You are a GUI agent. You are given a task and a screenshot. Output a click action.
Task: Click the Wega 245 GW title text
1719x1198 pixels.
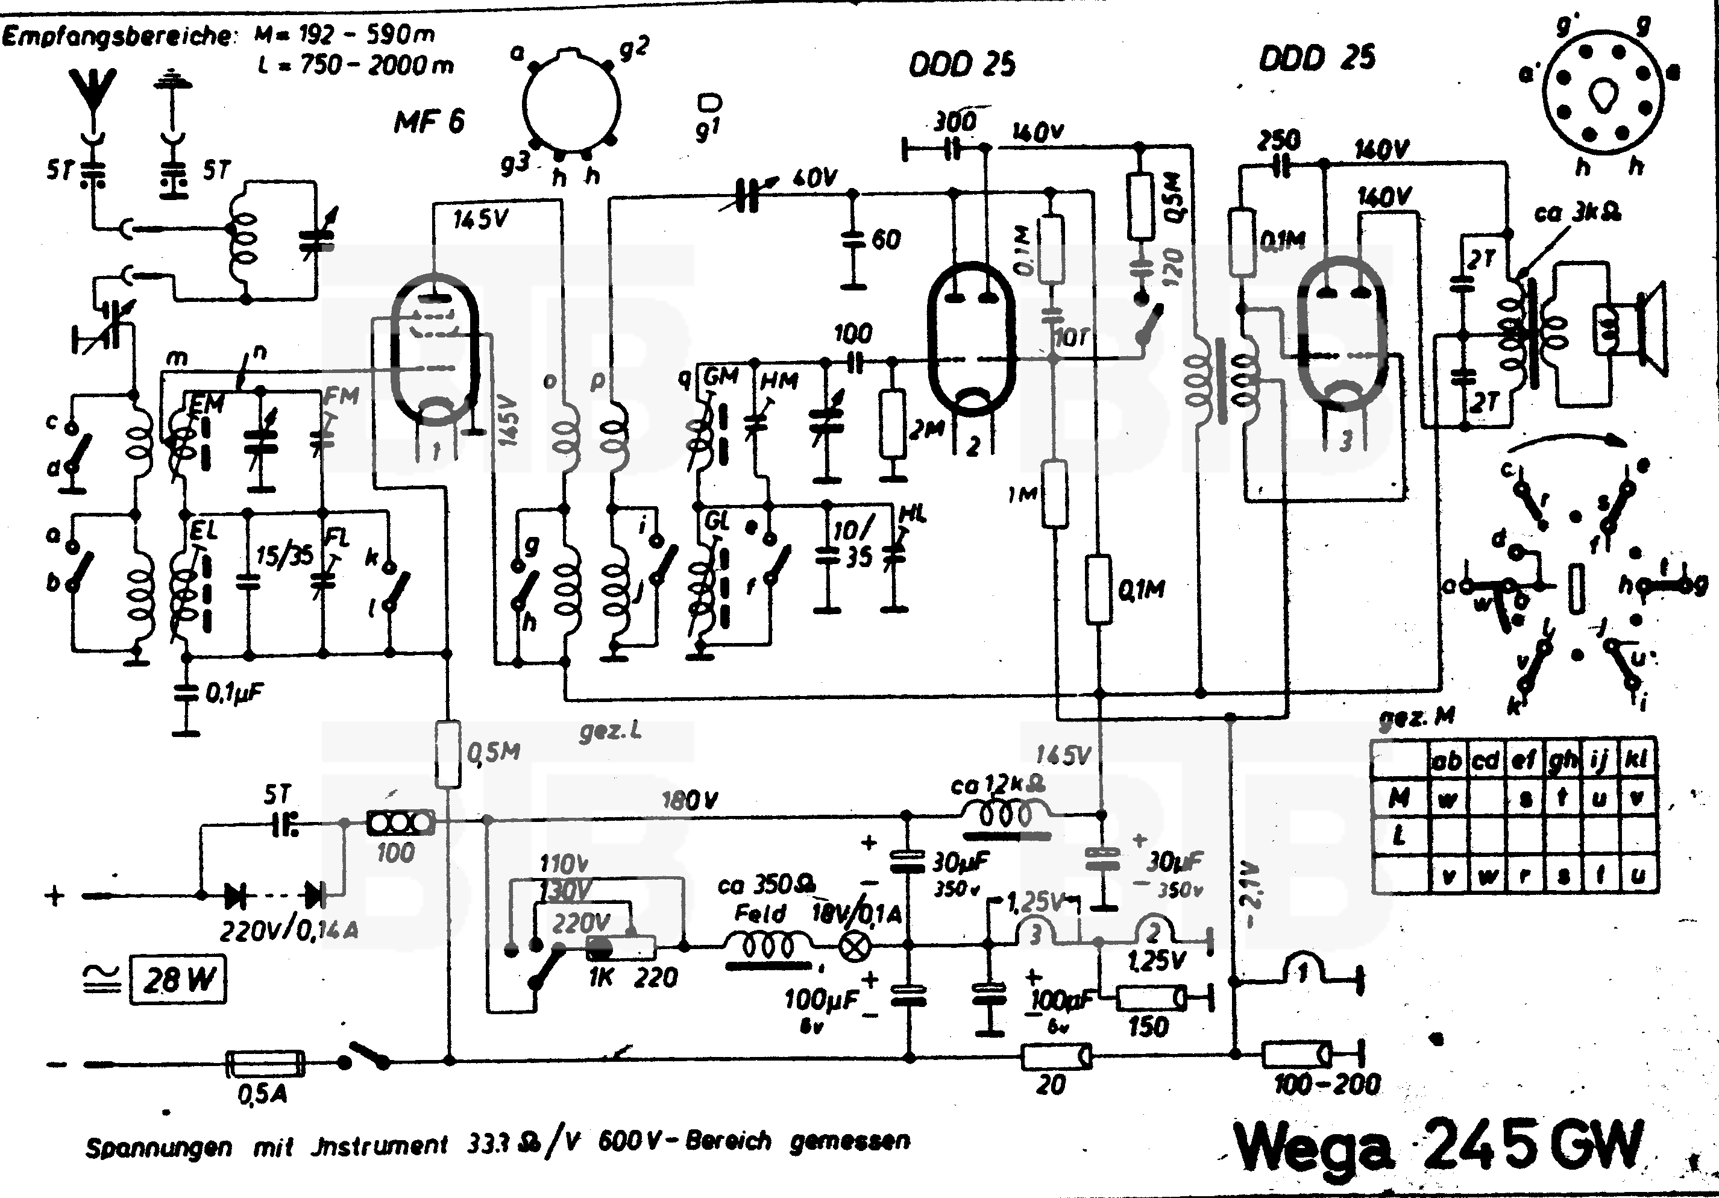1438,1146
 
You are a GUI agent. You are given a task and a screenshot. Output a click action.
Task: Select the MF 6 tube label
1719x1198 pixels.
429,121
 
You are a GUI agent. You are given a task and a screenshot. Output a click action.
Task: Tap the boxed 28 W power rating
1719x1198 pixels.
179,979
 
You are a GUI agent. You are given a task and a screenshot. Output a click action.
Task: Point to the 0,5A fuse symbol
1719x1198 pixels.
265,1062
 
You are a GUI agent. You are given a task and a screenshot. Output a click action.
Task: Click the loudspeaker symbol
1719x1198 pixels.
1632,330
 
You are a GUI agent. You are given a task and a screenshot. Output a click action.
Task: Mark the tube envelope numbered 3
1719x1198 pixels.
1342,333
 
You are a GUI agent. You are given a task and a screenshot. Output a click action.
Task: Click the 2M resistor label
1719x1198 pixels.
927,430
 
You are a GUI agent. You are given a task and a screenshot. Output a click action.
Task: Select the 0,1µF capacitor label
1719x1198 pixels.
234,692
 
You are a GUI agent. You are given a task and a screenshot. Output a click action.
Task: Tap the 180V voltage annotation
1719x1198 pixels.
690,800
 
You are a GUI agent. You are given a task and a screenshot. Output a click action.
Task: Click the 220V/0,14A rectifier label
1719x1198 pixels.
289,930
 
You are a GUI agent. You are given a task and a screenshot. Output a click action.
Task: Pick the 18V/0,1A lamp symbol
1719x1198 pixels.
856,947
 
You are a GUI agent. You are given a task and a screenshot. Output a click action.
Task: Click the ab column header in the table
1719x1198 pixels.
1447,761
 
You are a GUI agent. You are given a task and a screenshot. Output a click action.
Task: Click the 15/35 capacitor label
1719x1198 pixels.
284,556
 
